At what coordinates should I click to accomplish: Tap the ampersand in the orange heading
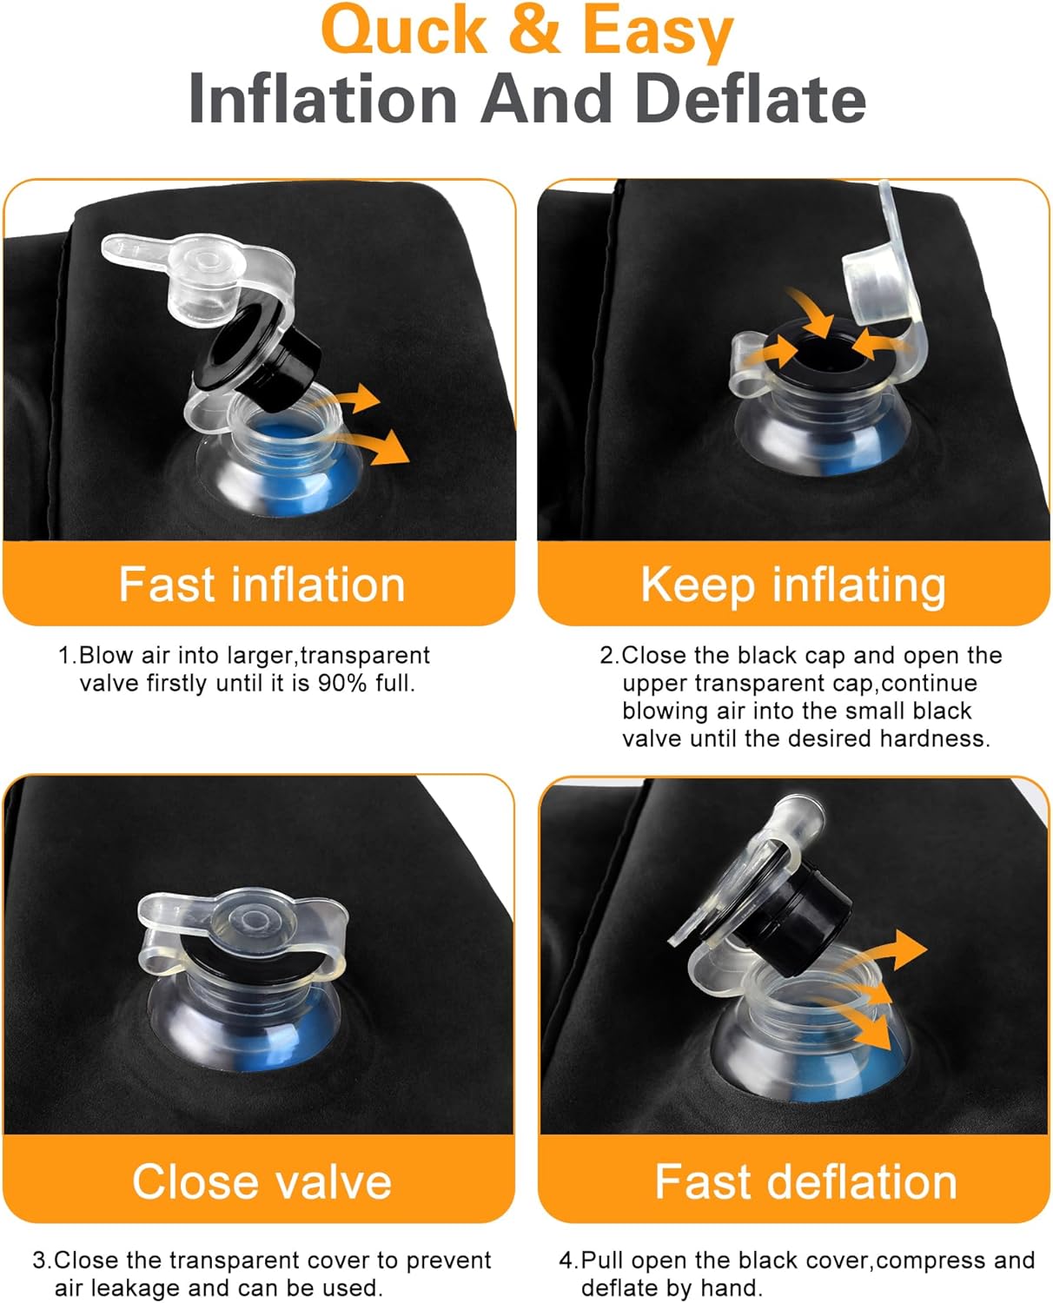point(534,30)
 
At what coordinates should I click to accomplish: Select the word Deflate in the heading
point(751,98)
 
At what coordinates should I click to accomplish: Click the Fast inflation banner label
point(262,585)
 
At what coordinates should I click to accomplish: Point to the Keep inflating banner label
point(793,586)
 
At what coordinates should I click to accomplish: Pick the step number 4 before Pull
point(566,1260)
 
